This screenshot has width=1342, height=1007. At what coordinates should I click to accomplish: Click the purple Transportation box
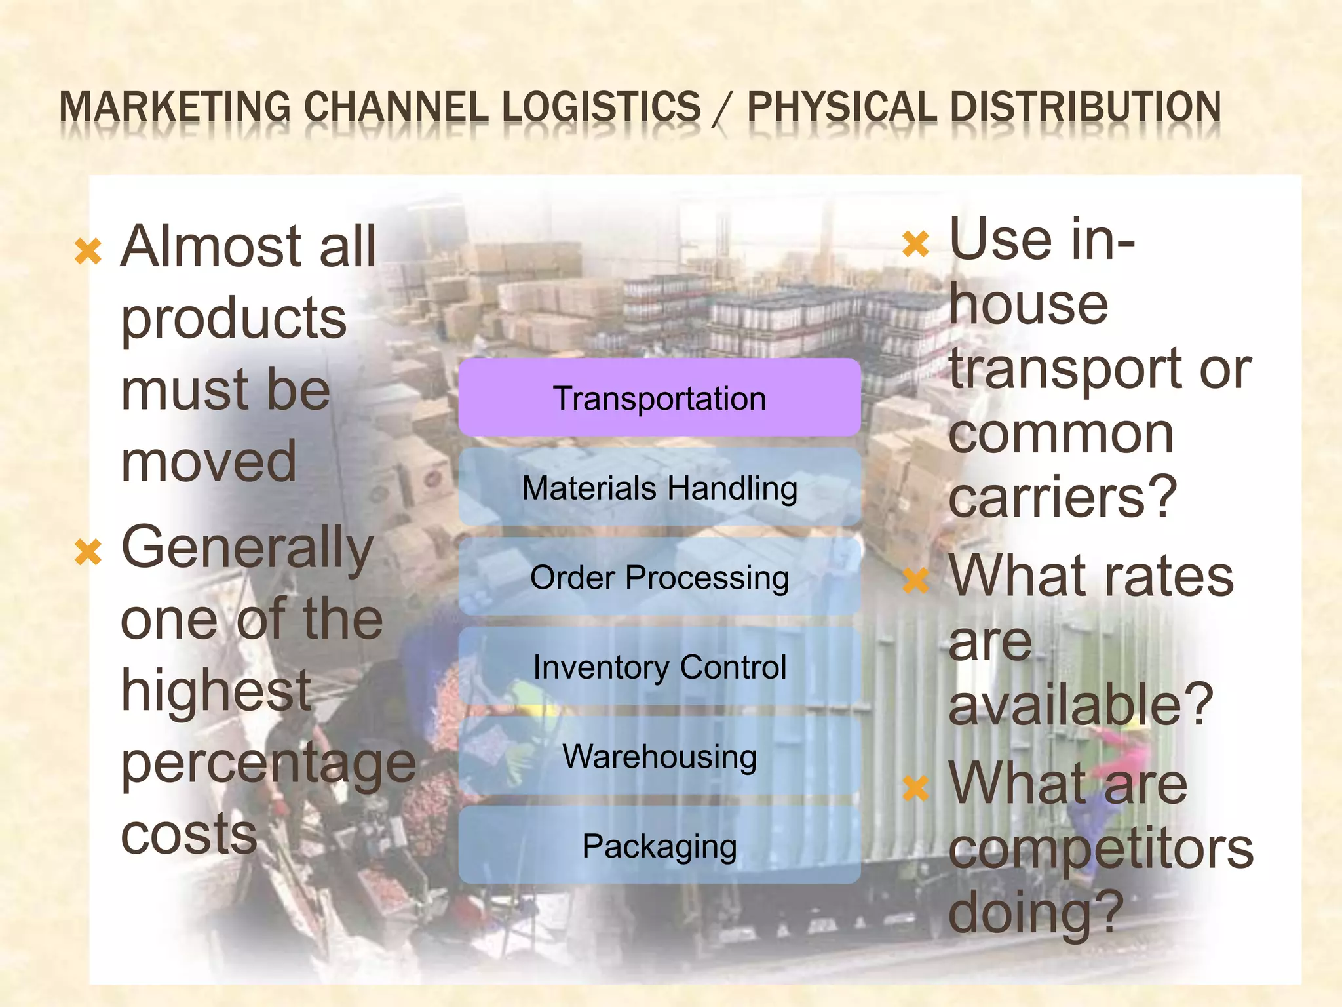click(x=659, y=398)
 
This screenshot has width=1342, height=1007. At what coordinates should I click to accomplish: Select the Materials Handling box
click(x=659, y=488)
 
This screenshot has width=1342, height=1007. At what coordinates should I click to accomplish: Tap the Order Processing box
click(x=659, y=577)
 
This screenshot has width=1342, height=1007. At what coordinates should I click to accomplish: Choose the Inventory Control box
click(x=659, y=667)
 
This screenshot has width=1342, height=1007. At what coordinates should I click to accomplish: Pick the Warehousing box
click(x=659, y=756)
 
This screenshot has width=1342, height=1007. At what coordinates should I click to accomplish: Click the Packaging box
click(x=659, y=846)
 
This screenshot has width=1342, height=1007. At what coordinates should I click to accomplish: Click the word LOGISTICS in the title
click(x=601, y=107)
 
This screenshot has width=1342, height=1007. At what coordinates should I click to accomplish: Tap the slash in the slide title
click(x=723, y=108)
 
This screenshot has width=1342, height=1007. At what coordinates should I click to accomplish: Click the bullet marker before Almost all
click(x=88, y=251)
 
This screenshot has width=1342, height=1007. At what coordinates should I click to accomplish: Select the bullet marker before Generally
click(x=88, y=552)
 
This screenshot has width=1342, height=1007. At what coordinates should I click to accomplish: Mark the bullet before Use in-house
click(x=915, y=244)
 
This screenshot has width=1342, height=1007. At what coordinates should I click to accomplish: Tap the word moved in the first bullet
click(x=209, y=461)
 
